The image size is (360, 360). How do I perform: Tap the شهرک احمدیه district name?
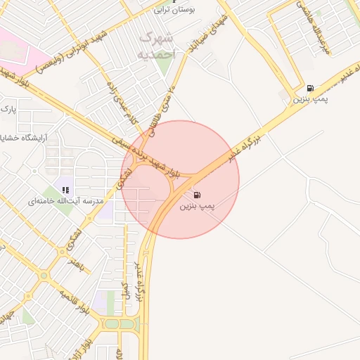coord(157,44)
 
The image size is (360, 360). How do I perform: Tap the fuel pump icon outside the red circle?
coord(310,89)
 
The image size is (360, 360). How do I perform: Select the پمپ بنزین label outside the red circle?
coord(311,101)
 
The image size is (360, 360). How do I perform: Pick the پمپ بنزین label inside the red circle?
coord(197,206)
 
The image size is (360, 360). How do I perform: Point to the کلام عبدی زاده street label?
coord(120,110)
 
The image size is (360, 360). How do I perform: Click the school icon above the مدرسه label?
coord(66,190)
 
